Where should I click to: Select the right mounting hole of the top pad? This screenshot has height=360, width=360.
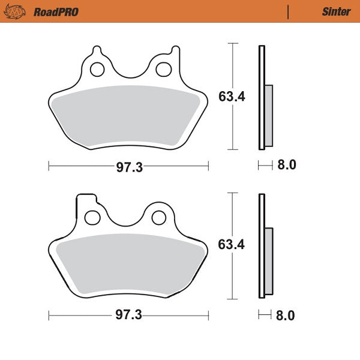(163, 70)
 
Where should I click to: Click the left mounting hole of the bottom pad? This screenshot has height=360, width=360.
(92, 217)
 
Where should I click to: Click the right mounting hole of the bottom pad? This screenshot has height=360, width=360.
(158, 217)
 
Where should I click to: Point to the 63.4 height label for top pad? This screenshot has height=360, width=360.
(232, 97)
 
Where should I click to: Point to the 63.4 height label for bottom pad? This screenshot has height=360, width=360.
(232, 245)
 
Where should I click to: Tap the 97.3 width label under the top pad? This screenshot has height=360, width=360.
(129, 167)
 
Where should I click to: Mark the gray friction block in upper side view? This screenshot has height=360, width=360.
(268, 116)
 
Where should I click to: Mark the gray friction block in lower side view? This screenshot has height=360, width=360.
(268, 262)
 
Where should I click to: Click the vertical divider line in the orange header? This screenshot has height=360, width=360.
(289, 11)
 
